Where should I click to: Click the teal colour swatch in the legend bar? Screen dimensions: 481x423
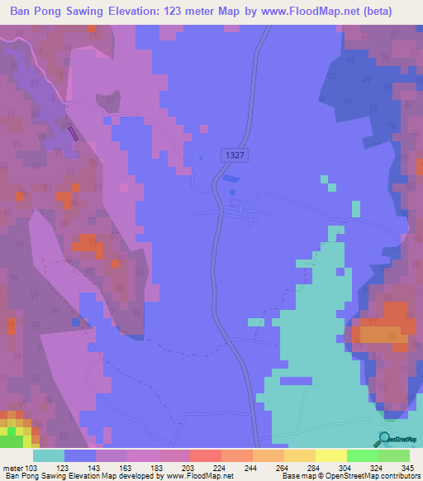[x=49, y=455]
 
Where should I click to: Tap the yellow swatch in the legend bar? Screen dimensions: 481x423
[x=330, y=455]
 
